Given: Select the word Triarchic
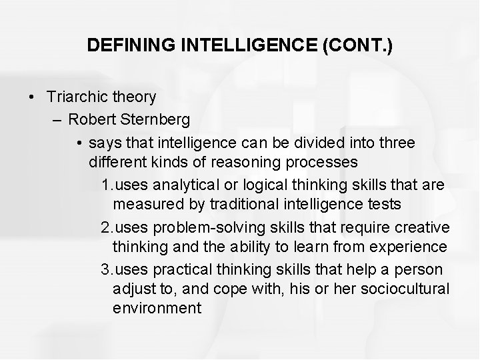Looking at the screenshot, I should tap(75, 97).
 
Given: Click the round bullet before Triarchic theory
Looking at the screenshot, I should tap(33, 97).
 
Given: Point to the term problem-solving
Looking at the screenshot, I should tap(193, 227).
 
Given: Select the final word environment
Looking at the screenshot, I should tap(157, 308).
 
